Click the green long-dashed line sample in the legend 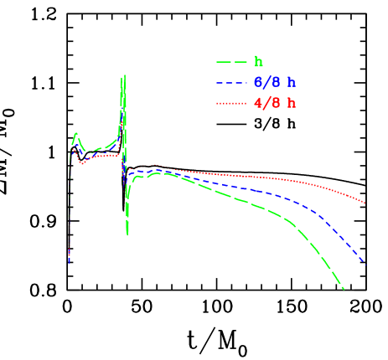coord(230,62)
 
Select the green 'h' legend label coord(258,62)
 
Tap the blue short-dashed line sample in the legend coord(230,83)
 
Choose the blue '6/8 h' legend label coord(274,83)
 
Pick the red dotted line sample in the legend coord(230,104)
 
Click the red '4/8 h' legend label coord(274,104)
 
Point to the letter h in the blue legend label coord(292,83)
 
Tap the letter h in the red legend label coord(292,104)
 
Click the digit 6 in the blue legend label coord(257,83)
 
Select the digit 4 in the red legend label coord(257,104)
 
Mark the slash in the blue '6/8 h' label coord(266,83)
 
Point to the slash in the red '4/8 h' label coord(266,104)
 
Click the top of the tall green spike coord(124,75)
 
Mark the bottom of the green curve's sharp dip coord(127,234)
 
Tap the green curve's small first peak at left coord(76,134)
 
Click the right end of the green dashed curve coord(344,290)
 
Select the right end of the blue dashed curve coord(365,265)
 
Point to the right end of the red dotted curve coord(365,203)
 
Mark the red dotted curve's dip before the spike coord(81,164)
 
